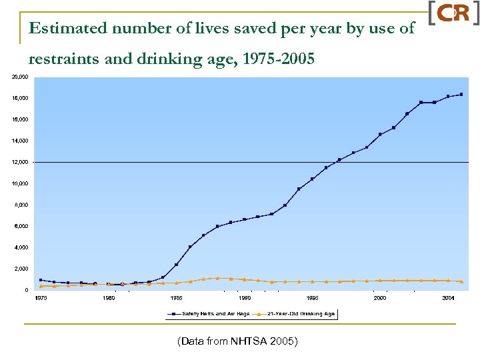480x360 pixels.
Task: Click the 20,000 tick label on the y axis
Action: (20, 77)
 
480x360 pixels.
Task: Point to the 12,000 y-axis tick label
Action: (20, 162)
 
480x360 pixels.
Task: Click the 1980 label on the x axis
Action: (109, 298)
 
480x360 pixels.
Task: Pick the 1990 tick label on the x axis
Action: (245, 298)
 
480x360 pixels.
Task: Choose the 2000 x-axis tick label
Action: (380, 298)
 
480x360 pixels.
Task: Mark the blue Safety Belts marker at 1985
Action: (177, 265)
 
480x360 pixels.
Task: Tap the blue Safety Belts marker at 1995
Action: (312, 179)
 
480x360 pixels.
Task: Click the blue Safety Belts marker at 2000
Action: (380, 134)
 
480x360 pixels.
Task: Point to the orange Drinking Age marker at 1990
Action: (245, 279)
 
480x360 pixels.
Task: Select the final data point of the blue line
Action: (461, 94)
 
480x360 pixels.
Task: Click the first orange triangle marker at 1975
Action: (41, 286)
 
